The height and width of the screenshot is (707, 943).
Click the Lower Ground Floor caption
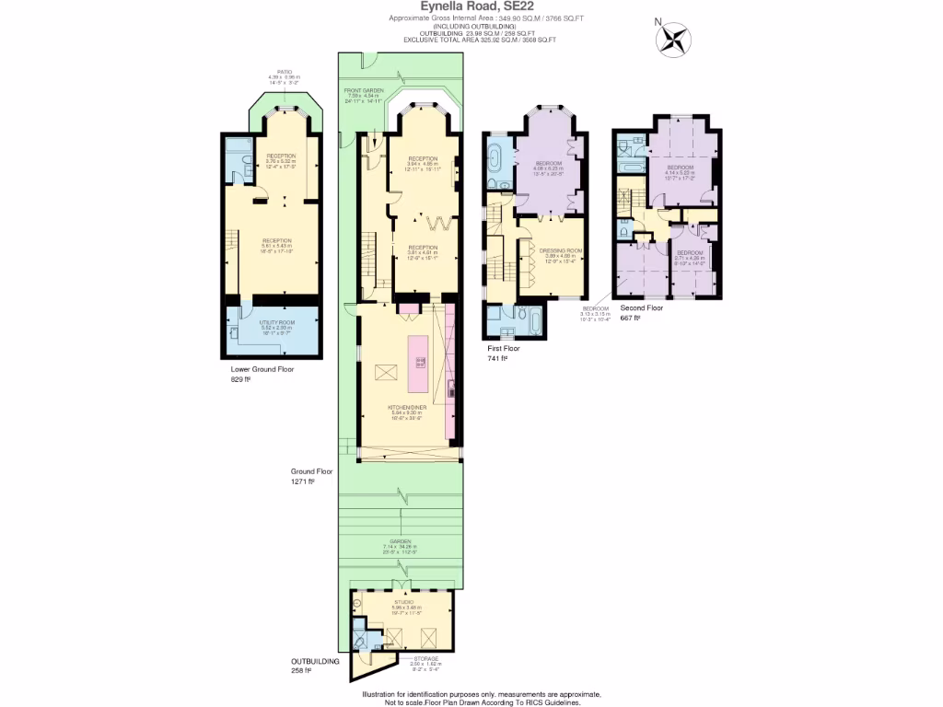pyautogui.click(x=262, y=369)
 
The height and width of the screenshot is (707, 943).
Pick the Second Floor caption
pyautogui.click(x=641, y=308)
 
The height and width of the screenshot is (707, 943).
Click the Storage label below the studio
pyautogui.click(x=425, y=658)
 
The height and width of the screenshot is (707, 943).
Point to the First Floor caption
pyautogui.click(x=504, y=349)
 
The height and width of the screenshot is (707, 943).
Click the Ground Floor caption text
pyautogui.click(x=311, y=471)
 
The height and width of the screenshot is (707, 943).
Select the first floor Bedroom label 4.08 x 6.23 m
pyautogui.click(x=549, y=164)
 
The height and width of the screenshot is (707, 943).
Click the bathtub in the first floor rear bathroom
pyautogui.click(x=532, y=319)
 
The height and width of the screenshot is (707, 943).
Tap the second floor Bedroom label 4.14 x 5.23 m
pyautogui.click(x=681, y=168)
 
